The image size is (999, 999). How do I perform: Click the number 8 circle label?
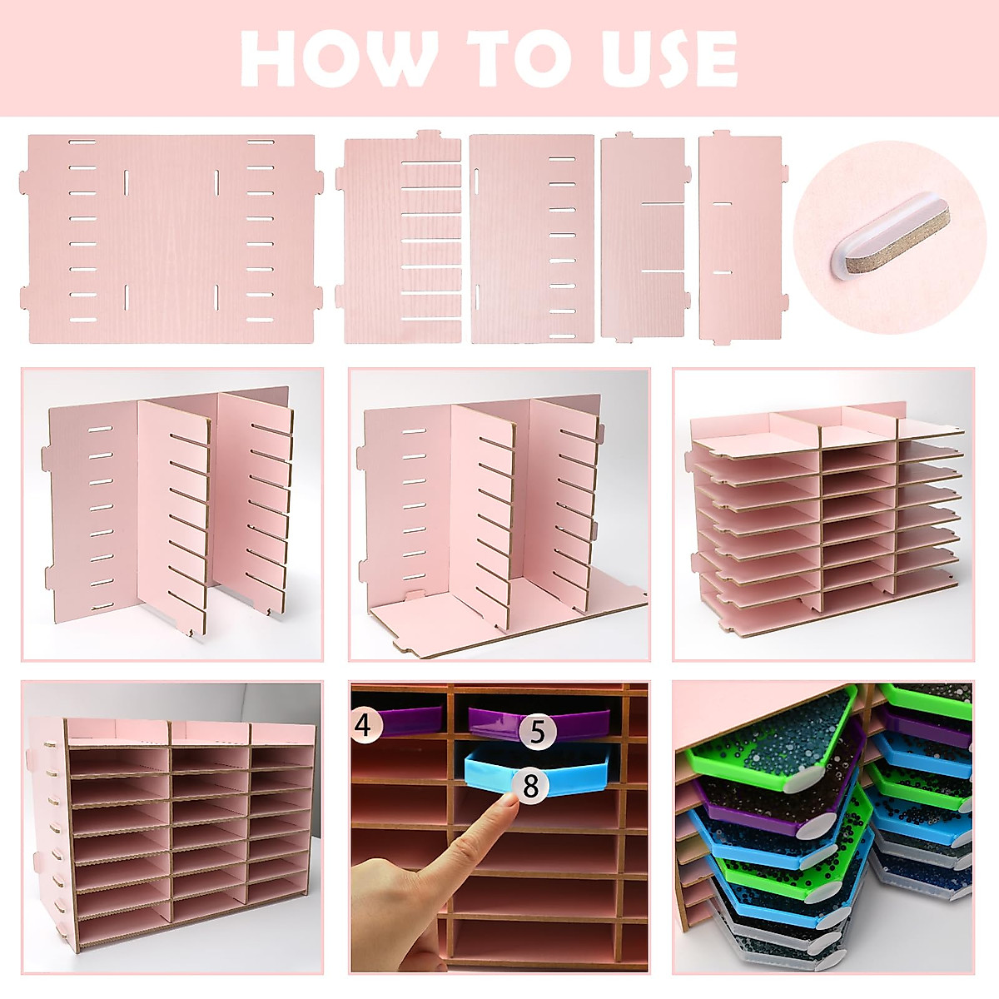tap(530, 785)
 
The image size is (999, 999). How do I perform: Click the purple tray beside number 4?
tap(413, 719)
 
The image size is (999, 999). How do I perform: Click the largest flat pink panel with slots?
tap(170, 239)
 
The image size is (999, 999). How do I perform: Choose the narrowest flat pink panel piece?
tap(739, 239)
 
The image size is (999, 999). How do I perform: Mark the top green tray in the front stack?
tap(766, 733)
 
